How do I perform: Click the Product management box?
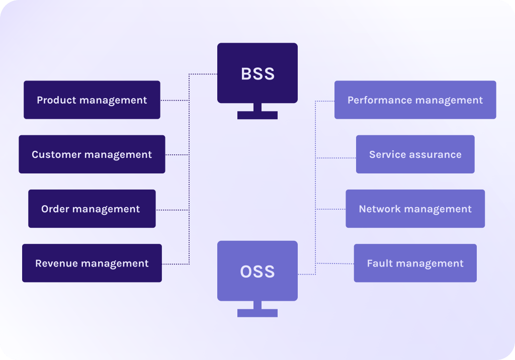tap(92, 100)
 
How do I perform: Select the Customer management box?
tap(92, 154)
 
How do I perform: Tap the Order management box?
tap(92, 209)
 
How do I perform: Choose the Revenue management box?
tap(92, 263)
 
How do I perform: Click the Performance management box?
tap(415, 100)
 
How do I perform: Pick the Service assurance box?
tap(415, 154)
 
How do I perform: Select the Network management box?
tap(415, 209)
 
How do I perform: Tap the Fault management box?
tap(415, 263)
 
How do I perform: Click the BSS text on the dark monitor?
tap(257, 74)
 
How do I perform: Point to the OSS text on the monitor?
tap(257, 272)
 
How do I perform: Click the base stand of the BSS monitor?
tap(257, 115)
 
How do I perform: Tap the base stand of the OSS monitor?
tap(257, 313)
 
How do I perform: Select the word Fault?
tap(378, 263)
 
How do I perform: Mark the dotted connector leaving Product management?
tap(175, 101)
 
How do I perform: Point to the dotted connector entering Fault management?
tap(335, 263)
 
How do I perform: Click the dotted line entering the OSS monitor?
tap(306, 274)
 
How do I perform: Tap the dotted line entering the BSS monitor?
tap(203, 74)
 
